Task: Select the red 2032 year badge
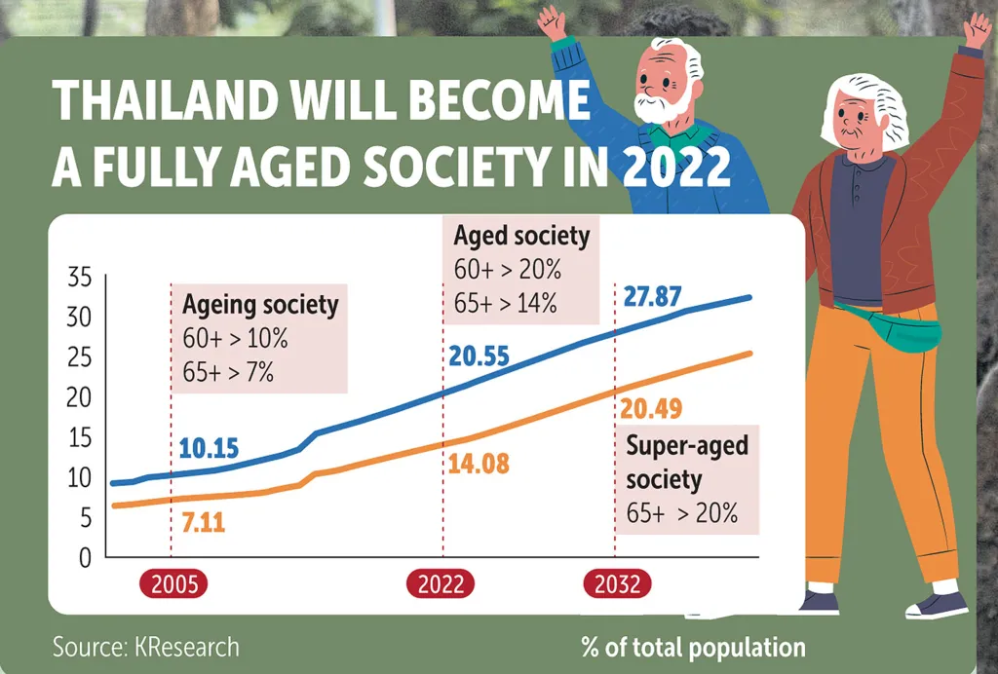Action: click(617, 584)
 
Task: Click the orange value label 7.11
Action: click(204, 523)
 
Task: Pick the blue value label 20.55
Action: click(479, 357)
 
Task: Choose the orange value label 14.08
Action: click(479, 464)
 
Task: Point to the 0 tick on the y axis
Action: click(85, 558)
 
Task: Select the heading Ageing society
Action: click(260, 305)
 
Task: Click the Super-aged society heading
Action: click(687, 463)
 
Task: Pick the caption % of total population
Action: click(693, 647)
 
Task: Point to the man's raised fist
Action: click(553, 21)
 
